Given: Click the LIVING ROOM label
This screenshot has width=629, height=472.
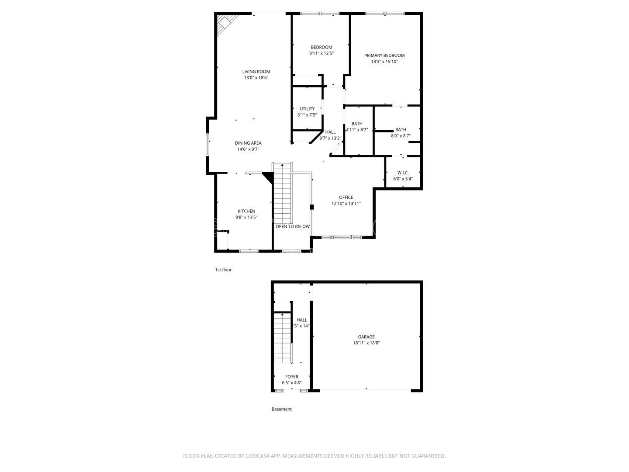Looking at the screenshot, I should coord(256,72).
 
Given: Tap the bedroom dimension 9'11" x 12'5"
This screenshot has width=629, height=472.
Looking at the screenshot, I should coord(321,53).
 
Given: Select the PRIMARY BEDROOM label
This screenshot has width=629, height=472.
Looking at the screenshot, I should coord(384,56).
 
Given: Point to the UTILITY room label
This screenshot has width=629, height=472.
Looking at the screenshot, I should coord(307,109).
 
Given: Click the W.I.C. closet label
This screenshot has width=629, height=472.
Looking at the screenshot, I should coord(403,173).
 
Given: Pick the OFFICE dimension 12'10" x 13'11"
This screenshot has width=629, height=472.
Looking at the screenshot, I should coord(346,203).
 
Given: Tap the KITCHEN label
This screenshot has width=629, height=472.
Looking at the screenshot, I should coord(246,211).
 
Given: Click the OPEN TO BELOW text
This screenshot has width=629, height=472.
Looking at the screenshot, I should coord(292,226).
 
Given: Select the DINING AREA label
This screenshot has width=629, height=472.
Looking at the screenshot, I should coord(248,143).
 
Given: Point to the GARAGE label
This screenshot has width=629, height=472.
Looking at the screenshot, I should coord(366,337).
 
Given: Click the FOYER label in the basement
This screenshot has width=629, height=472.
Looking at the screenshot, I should coord(292,377).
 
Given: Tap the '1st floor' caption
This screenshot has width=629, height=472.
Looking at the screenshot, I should coord(223,270).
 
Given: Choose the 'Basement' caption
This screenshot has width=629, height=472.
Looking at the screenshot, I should coord(282,409).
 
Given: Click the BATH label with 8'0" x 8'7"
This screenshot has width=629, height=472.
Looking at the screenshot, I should coord(401,130).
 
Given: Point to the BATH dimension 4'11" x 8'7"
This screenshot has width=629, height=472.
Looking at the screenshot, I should coord(357,130).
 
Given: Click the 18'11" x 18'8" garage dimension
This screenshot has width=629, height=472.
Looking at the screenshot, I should coord(366,343).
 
